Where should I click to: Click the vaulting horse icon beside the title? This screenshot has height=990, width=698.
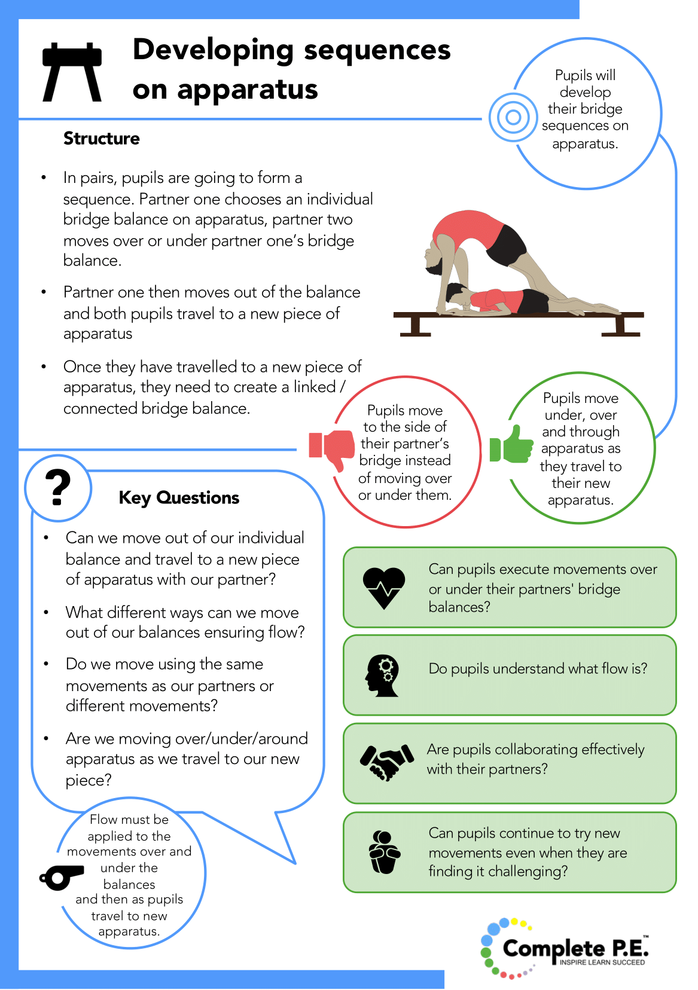[72, 72]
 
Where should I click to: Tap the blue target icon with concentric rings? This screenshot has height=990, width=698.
[513, 117]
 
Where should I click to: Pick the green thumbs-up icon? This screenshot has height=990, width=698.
[511, 444]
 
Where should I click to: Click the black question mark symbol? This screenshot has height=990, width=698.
[58, 487]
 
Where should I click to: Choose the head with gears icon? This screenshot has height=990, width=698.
[382, 676]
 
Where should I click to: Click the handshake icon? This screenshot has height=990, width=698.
[387, 762]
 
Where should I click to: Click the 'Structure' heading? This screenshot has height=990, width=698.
[101, 138]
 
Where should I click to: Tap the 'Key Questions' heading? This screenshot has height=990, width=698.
[179, 497]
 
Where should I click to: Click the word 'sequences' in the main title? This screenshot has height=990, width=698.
[377, 51]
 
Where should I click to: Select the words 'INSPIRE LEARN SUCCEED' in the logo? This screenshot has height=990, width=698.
[602, 962]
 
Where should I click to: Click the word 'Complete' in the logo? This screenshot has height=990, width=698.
[554, 949]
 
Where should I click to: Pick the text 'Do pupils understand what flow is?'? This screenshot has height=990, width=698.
[538, 669]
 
